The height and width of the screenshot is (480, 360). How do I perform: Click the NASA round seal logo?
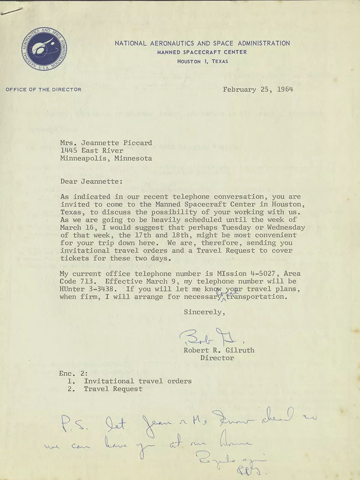[x=44, y=48]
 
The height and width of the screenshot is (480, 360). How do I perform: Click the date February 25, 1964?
[x=258, y=89]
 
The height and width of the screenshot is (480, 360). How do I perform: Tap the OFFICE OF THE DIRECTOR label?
[x=43, y=90]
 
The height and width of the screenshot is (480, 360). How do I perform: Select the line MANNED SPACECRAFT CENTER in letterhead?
[x=202, y=52]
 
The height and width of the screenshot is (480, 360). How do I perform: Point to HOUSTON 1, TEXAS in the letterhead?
[x=202, y=61]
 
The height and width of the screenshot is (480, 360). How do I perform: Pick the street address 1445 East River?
[x=92, y=150]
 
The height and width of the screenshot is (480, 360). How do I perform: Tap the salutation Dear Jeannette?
[x=91, y=181]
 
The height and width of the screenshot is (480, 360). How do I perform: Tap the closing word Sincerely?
[x=204, y=312]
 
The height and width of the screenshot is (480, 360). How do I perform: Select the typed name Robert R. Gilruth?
[x=219, y=350]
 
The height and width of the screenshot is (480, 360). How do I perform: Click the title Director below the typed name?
[x=217, y=358]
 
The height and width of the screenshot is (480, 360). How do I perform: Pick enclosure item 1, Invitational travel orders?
[x=138, y=381]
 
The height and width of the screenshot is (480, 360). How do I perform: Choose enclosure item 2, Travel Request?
[x=113, y=389]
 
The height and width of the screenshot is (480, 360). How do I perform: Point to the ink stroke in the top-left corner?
[x=12, y=12]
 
